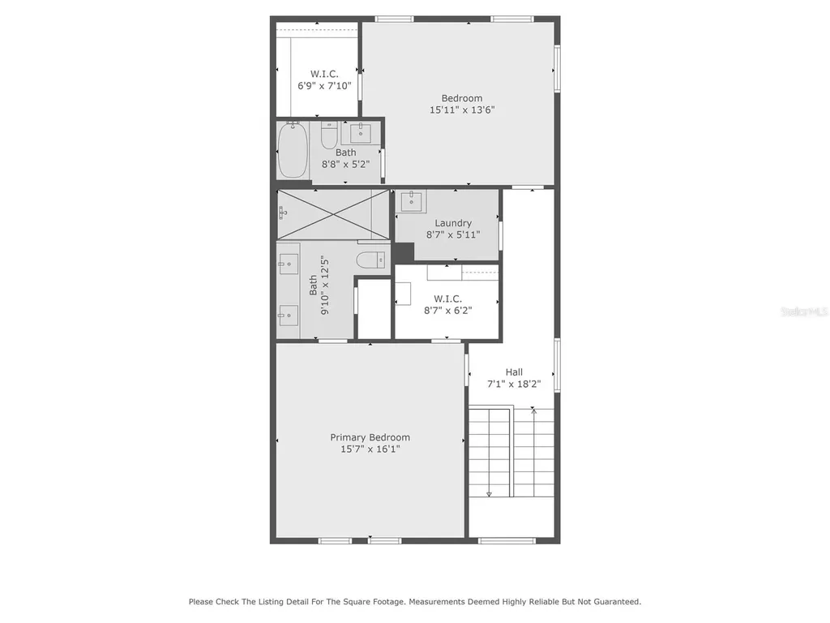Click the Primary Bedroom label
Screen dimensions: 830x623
[x=370, y=437]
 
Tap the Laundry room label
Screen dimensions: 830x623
[x=453, y=224]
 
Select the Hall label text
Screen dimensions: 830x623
[x=514, y=372]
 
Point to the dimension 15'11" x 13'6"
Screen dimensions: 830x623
[x=462, y=110]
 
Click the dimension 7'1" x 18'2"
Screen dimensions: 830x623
[x=514, y=384]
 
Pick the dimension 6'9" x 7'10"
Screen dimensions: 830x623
[x=324, y=86]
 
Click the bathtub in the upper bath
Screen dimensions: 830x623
[x=293, y=151]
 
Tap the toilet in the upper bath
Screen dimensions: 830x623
[x=329, y=135]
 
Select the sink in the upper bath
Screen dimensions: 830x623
[x=361, y=133]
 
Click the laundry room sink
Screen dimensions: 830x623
[x=411, y=201]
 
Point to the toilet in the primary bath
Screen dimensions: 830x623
[x=370, y=260]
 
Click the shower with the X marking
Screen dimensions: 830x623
[x=333, y=214]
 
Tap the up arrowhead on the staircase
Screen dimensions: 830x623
[x=534, y=410]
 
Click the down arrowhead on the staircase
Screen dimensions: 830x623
[x=489, y=494]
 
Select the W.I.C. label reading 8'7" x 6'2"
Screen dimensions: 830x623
[x=447, y=305]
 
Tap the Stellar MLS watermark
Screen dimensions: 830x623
[x=804, y=311]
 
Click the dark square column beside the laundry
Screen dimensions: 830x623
[x=403, y=253]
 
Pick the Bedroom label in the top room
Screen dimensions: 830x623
[x=462, y=98]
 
